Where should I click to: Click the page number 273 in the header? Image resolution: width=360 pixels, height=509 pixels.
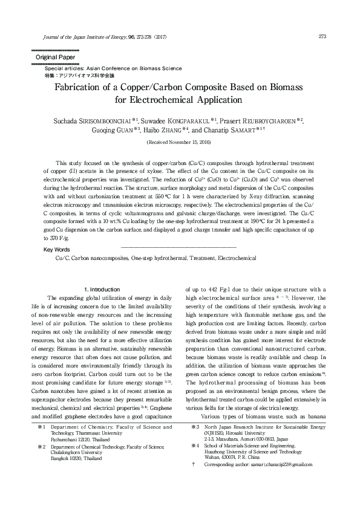coord(322,36)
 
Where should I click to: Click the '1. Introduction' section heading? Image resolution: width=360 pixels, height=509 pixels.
coord(102,290)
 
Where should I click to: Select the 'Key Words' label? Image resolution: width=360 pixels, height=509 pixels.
coord(57,249)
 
